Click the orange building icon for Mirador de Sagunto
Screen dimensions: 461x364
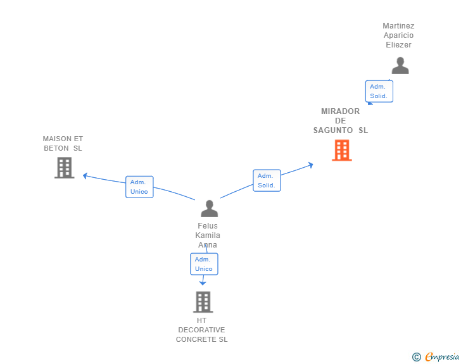point(342,150)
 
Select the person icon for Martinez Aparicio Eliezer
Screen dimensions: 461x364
point(400,66)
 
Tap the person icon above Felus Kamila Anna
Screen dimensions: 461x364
point(210,208)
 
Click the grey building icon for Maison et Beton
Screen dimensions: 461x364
point(65,168)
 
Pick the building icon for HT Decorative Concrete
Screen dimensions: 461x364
point(203,302)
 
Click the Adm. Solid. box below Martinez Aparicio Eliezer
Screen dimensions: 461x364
point(379,91)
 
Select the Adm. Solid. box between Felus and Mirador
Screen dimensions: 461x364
point(267,180)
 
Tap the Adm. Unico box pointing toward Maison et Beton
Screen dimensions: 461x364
point(139,187)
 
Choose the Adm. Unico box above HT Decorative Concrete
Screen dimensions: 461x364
point(204,264)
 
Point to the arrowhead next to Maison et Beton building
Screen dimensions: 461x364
point(85,176)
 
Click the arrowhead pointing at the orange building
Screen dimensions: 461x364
point(311,165)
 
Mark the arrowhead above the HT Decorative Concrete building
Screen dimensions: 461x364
point(203,283)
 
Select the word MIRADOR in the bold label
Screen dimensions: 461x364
point(340,111)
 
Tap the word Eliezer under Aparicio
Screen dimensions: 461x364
point(398,45)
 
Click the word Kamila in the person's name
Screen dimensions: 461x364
point(208,235)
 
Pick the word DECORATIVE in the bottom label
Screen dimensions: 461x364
point(201,330)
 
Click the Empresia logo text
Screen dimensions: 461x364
point(442,356)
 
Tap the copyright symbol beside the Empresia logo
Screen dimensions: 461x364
point(416,357)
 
